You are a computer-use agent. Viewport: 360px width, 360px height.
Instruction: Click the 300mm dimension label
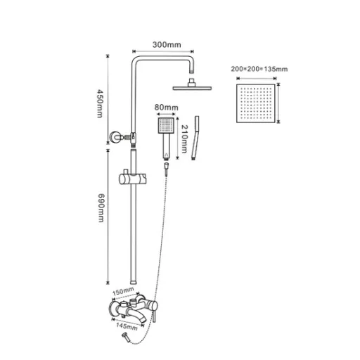(167, 44)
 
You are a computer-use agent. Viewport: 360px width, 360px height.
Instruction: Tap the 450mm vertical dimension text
(100, 103)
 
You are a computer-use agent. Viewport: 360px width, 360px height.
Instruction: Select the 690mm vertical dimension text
(101, 208)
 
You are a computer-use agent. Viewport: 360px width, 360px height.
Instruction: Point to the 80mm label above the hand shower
(167, 108)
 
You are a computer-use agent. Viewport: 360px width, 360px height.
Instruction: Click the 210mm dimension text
(185, 139)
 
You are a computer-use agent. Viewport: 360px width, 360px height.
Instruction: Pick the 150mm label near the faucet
(123, 291)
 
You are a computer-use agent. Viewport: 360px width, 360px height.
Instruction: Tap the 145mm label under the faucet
(127, 326)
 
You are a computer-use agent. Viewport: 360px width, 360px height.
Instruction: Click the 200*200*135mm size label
(259, 69)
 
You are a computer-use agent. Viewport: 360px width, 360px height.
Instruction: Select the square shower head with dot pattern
(255, 103)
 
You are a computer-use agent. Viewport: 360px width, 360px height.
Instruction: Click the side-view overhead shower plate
(192, 88)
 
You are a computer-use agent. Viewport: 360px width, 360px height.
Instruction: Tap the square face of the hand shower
(166, 125)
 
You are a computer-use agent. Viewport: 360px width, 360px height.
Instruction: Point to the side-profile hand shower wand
(195, 138)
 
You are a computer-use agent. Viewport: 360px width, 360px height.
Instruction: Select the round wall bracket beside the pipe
(115, 136)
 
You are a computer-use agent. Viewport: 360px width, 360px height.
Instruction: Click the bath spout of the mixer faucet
(136, 315)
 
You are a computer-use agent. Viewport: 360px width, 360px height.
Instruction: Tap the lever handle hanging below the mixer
(154, 316)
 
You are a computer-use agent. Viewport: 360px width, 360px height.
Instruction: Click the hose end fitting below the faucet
(126, 337)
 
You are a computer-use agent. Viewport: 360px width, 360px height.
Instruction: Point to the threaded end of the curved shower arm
(192, 70)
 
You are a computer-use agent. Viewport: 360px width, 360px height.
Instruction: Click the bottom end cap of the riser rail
(134, 282)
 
